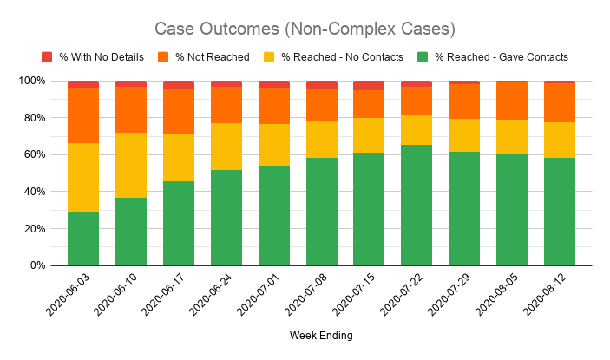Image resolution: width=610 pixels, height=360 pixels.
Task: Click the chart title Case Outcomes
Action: click(305, 29)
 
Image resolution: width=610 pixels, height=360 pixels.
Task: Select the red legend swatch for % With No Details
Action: click(47, 57)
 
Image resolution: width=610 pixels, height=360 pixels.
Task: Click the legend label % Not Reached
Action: click(213, 57)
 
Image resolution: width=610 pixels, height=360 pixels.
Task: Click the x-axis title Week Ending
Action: click(321, 335)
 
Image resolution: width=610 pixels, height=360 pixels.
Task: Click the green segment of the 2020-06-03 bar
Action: click(83, 239)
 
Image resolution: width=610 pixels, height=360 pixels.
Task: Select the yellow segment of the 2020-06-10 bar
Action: click(131, 165)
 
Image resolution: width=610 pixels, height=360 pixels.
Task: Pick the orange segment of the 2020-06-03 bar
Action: click(83, 115)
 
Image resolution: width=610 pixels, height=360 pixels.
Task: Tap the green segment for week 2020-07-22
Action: click(417, 205)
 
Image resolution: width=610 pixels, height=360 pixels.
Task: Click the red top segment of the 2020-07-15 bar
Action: click(369, 85)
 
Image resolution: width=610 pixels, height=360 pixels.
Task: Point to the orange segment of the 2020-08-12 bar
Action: click(559, 102)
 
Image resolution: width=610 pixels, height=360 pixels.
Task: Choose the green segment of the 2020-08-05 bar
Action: click(511, 210)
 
